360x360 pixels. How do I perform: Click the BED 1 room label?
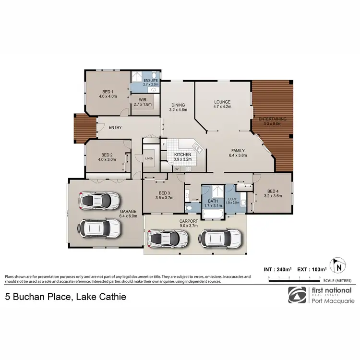[107, 91]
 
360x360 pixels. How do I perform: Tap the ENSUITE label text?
[144, 80]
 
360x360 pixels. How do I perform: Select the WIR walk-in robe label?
[142, 99]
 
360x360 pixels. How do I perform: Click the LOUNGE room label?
[222, 102]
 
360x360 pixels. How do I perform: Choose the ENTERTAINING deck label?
[272, 119]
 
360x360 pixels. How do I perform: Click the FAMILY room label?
[239, 150]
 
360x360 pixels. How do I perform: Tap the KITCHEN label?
[183, 154]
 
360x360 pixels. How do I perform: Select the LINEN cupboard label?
[149, 158]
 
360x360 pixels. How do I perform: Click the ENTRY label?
[115, 127]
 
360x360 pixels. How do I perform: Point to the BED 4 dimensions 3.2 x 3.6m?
[273, 196]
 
